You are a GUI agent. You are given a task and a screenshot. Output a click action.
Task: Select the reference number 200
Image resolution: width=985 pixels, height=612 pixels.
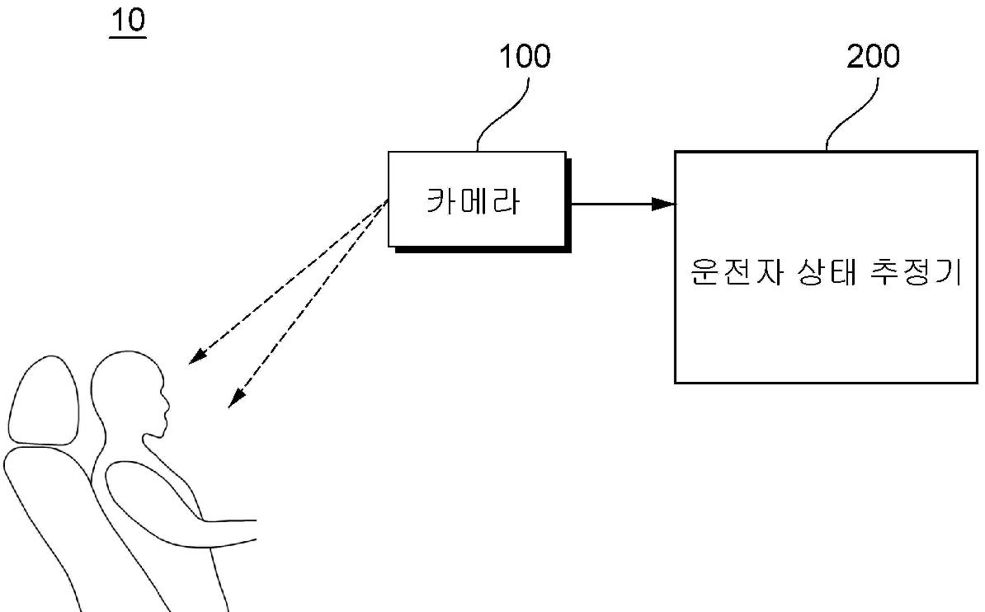pyautogui.click(x=874, y=57)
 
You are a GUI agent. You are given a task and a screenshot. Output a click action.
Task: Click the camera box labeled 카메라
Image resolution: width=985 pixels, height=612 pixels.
pyautogui.click(x=477, y=199)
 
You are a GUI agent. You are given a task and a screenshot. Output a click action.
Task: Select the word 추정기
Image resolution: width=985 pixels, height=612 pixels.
pyautogui.click(x=917, y=272)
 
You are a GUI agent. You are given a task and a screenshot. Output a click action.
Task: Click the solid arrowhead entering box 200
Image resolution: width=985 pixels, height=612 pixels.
pyautogui.click(x=664, y=204)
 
